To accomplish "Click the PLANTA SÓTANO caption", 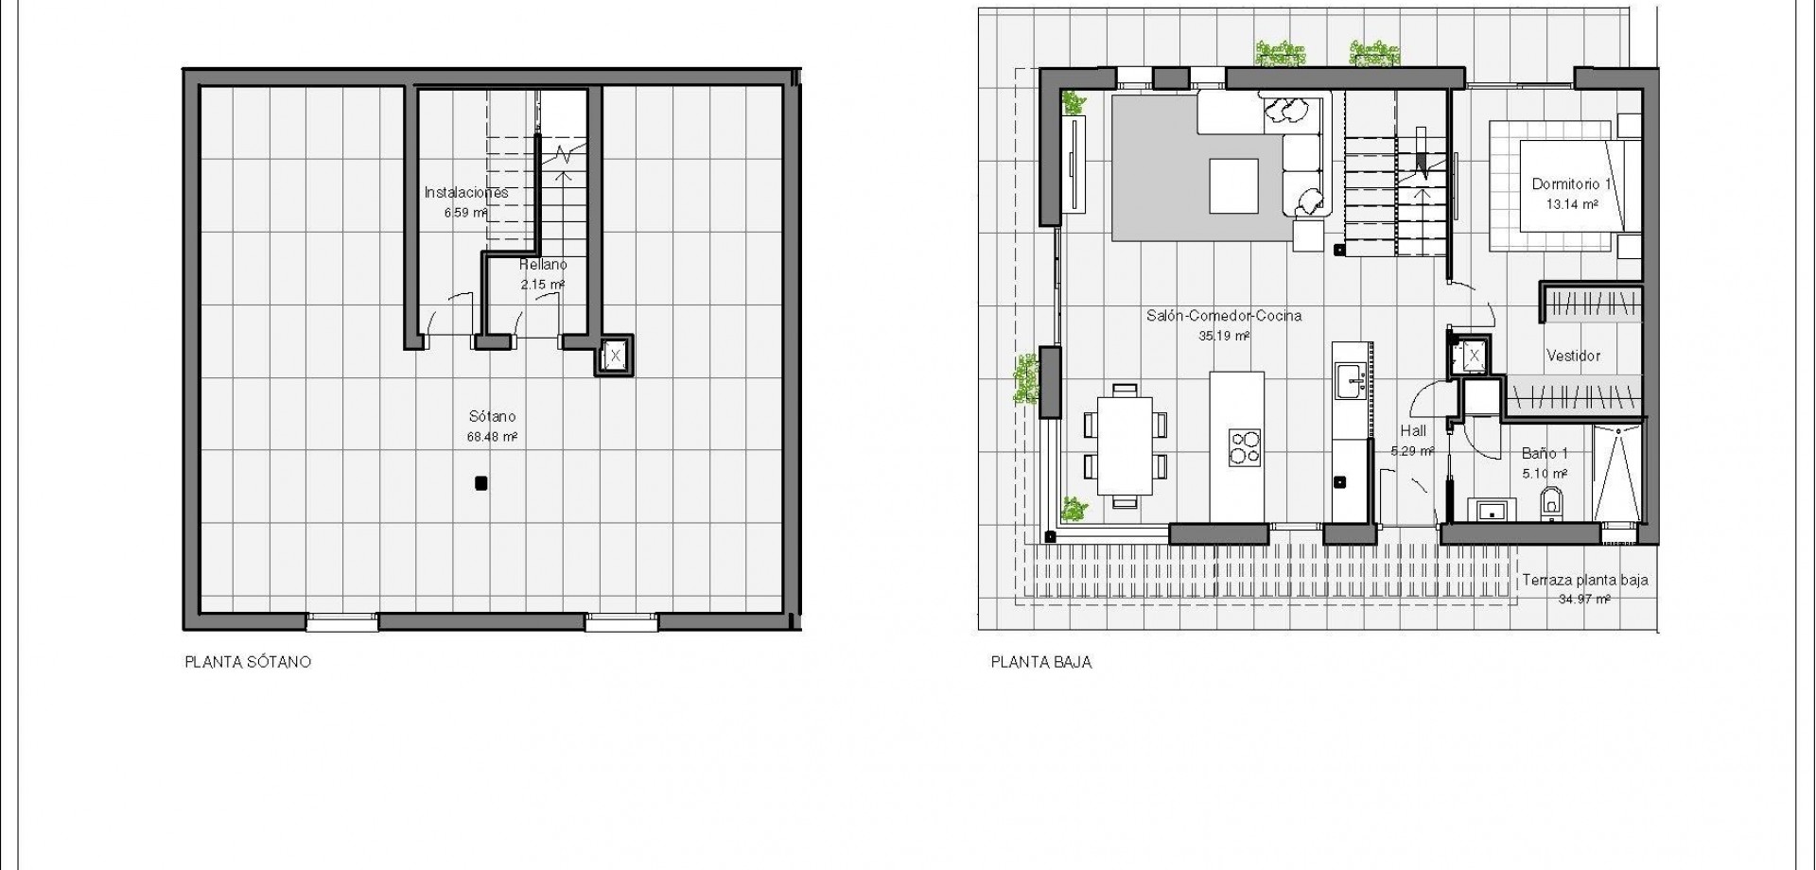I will tap(247, 663).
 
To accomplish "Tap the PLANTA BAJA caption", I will tap(1040, 663).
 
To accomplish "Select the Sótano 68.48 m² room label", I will tap(492, 426).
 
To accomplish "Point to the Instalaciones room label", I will tap(465, 193).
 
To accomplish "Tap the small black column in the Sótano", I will tap(481, 484).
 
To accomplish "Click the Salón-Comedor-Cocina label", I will tap(1224, 316).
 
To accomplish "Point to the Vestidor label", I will tap(1573, 357).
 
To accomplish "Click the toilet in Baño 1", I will tap(1552, 501).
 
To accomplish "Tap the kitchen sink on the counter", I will tap(1347, 380).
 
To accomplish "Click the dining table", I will tap(1125, 445).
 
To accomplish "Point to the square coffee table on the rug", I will tap(1233, 186).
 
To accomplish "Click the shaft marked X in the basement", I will tap(614, 357).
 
